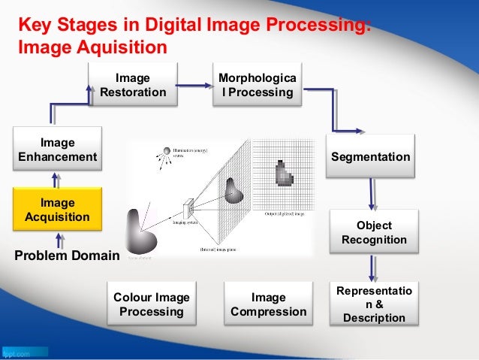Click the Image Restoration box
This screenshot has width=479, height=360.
pyautogui.click(x=133, y=85)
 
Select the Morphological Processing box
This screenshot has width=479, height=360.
pyautogui.click(x=257, y=85)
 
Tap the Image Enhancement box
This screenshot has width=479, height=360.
pyautogui.click(x=58, y=150)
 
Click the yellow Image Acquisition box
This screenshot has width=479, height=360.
pyautogui.click(x=58, y=210)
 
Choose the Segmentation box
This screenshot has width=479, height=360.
pyautogui.click(x=371, y=157)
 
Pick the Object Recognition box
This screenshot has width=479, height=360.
pyautogui.click(x=374, y=233)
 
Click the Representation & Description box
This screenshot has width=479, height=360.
pyautogui.click(x=374, y=304)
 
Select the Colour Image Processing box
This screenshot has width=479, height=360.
pyautogui.click(x=152, y=304)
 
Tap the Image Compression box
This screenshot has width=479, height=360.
pyautogui.click(x=269, y=304)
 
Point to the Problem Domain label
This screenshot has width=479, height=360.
pyautogui.click(x=67, y=256)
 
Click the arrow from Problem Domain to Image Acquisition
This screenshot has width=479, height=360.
pyautogui.click(x=58, y=239)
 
